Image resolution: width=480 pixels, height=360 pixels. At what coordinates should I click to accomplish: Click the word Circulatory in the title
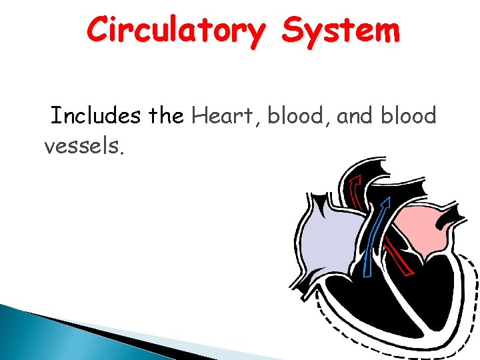tap(175, 31)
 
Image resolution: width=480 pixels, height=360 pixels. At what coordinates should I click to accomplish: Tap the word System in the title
tap(340, 31)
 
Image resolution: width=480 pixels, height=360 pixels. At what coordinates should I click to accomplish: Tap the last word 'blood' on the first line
tap(409, 116)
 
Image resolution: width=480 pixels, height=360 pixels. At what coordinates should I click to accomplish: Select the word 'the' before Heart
tap(167, 116)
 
